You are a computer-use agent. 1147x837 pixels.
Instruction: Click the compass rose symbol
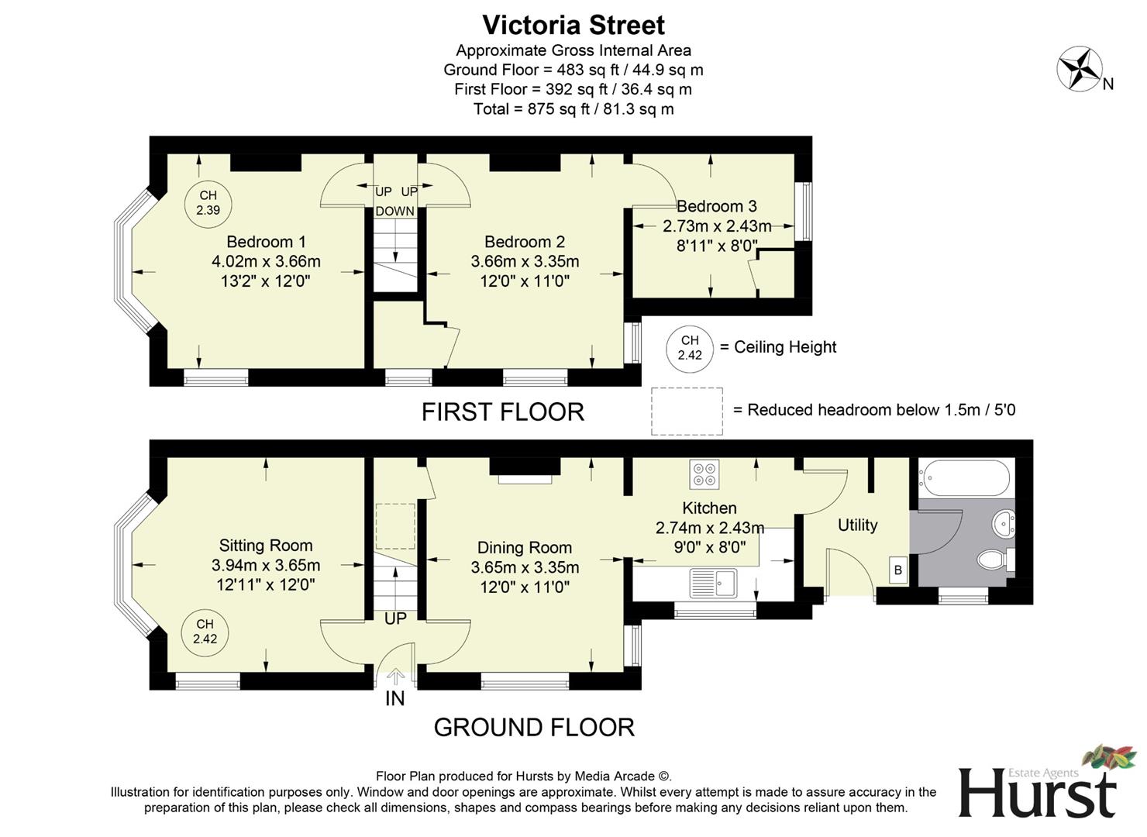coord(1080,68)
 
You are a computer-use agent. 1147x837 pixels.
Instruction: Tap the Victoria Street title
coord(573,25)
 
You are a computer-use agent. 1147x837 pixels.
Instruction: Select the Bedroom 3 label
coord(717,206)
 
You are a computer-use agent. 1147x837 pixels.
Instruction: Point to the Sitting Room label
coord(266,546)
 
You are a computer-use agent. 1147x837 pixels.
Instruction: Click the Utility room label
coord(857,525)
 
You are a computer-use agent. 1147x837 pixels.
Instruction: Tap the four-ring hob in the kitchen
coord(704,474)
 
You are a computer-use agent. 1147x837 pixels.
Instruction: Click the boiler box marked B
coord(898,570)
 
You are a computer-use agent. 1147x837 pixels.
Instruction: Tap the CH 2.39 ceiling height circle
coord(208,203)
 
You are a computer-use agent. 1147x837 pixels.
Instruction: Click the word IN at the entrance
coord(395,699)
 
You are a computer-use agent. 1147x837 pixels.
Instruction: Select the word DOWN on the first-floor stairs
coord(395,212)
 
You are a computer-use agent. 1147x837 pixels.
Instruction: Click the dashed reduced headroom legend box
coord(687,411)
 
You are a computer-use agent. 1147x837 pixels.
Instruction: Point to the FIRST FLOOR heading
coord(502,412)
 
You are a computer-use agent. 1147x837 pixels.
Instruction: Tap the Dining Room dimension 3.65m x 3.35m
coord(525,567)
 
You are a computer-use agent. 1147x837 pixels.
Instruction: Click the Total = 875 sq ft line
coord(573,108)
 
